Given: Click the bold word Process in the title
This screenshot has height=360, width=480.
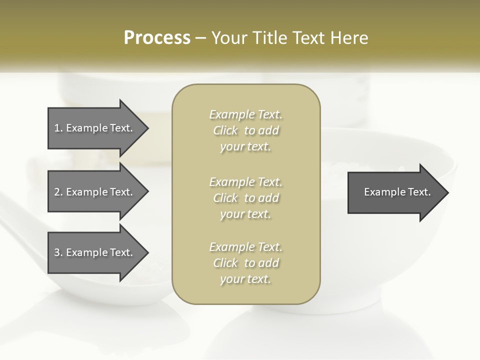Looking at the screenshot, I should click(157, 38).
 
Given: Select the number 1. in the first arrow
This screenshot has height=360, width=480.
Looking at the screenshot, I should click(58, 128).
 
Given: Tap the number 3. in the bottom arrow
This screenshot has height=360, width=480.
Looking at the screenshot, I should click(58, 253).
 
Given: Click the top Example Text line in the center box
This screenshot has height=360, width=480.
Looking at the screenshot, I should click(245, 114).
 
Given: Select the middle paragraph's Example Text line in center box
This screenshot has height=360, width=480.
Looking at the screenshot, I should click(245, 182).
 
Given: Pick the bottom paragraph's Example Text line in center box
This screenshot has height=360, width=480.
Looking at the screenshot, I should click(245, 247).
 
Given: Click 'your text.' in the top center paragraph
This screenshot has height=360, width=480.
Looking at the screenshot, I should click(245, 147).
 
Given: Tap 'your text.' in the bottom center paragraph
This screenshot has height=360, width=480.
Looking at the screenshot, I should click(245, 279).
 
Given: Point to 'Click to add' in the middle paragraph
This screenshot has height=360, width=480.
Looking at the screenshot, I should click(245, 198).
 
